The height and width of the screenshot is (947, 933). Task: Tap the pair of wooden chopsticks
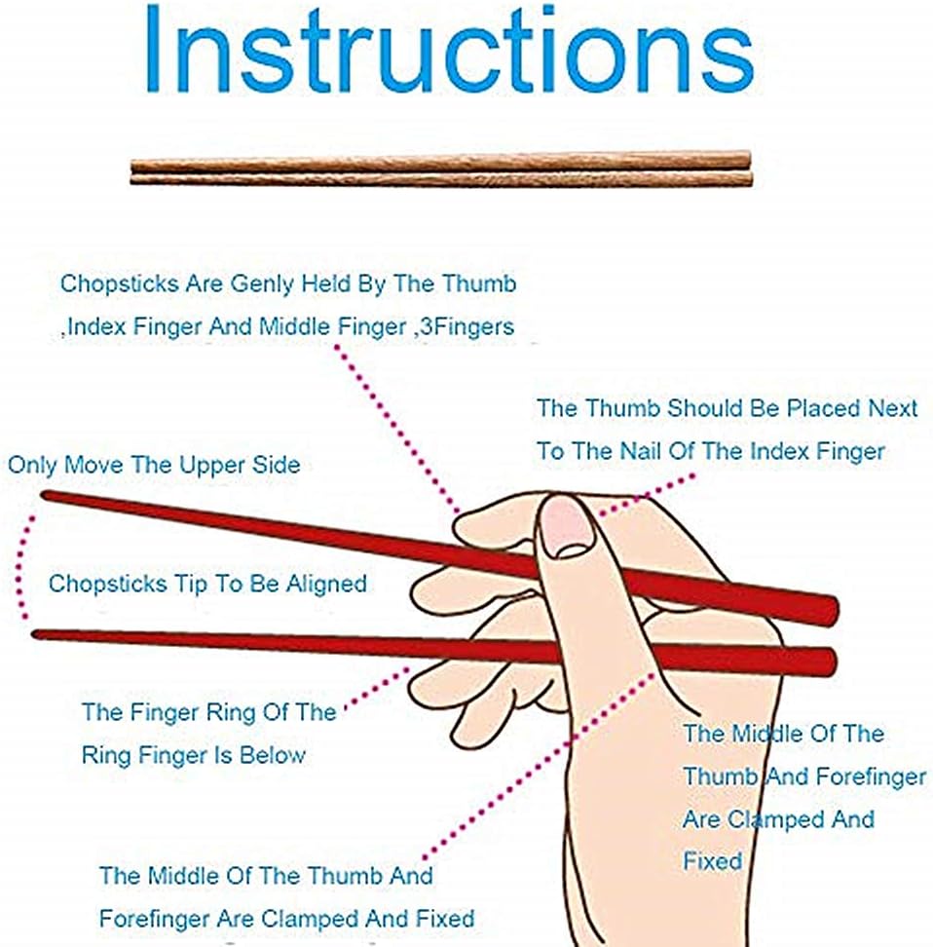click(x=440, y=169)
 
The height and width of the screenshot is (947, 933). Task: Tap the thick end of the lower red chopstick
click(x=826, y=662)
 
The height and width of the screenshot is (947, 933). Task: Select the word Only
click(x=32, y=465)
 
